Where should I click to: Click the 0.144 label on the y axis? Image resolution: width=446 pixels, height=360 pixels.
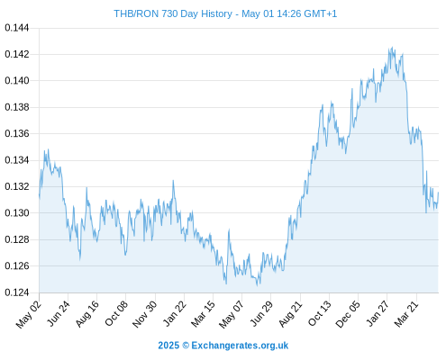click(x=17, y=28)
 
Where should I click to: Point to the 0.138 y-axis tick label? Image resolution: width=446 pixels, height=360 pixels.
click(x=17, y=107)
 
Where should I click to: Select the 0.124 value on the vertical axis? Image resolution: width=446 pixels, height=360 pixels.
click(x=17, y=292)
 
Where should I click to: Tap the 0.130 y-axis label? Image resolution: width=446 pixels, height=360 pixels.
click(x=17, y=213)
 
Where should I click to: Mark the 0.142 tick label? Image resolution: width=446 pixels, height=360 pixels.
click(x=17, y=54)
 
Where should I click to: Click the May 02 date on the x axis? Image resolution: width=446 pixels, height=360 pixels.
click(x=28, y=314)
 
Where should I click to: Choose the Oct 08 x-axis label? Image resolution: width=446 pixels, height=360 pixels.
click(x=116, y=313)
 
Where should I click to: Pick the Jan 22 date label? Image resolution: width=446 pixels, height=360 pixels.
click(x=174, y=313)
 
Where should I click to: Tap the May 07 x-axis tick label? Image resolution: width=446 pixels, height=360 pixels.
click(x=231, y=314)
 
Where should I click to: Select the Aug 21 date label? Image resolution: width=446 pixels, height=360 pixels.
click(x=290, y=313)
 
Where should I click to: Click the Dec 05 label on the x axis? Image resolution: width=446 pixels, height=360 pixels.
click(x=348, y=313)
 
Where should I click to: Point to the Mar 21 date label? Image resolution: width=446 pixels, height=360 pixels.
click(x=406, y=313)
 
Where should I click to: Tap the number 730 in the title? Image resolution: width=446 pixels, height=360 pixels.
click(x=169, y=13)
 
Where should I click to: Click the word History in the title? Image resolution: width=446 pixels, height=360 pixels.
click(x=216, y=14)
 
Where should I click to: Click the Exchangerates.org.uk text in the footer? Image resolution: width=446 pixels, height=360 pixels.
click(x=240, y=346)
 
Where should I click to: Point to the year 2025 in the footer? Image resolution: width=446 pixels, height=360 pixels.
click(x=168, y=346)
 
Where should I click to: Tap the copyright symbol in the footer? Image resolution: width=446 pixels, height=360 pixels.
click(x=186, y=346)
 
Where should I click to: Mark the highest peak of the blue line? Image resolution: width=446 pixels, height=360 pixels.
click(x=392, y=47)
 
